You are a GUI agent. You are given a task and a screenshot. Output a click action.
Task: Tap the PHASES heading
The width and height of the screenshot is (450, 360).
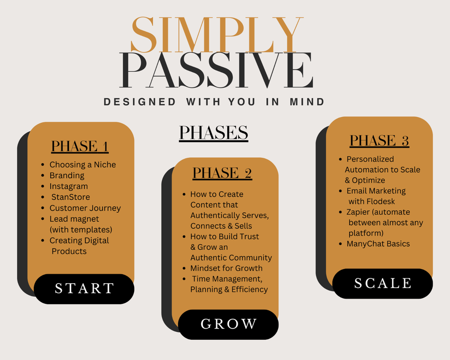pyautogui.click(x=213, y=133)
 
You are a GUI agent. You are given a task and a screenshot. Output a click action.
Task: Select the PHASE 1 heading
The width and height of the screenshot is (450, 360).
pyautogui.click(x=80, y=146)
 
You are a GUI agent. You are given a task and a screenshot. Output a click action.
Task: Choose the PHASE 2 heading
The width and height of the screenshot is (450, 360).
pyautogui.click(x=222, y=173)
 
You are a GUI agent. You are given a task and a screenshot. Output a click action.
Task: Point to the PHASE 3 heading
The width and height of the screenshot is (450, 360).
pyautogui.click(x=379, y=141)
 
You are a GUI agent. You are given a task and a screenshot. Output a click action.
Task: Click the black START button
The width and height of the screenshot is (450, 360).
pyautogui.click(x=84, y=288)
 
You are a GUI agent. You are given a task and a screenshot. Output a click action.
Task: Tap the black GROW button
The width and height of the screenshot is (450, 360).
pyautogui.click(x=228, y=324)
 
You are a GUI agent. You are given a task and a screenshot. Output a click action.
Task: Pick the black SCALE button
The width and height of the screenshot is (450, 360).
pyautogui.click(x=382, y=283)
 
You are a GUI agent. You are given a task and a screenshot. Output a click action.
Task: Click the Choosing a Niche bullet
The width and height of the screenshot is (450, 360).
pyautogui.click(x=82, y=165)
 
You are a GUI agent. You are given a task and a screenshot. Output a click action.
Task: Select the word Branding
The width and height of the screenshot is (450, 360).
pyautogui.click(x=67, y=175)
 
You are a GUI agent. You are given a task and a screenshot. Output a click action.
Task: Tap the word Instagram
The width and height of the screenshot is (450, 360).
pyautogui.click(x=68, y=186)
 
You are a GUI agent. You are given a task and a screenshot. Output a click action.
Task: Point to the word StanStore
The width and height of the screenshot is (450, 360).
pyautogui.click(x=70, y=197)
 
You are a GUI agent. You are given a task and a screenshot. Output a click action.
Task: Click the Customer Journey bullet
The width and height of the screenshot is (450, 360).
pyautogui.click(x=85, y=208)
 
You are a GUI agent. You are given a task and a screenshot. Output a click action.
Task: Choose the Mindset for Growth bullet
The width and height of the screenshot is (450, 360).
pyautogui.click(x=226, y=268)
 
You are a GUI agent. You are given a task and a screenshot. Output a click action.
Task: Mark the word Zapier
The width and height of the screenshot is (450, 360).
pyautogui.click(x=358, y=212)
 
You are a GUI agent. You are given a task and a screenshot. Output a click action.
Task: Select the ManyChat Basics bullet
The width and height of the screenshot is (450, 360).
pyautogui.click(x=378, y=244)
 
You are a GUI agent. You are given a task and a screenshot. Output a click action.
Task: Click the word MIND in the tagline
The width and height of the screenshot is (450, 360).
pyautogui.click(x=307, y=102)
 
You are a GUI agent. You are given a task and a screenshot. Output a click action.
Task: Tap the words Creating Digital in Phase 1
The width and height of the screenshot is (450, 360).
pyautogui.click(x=79, y=240)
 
